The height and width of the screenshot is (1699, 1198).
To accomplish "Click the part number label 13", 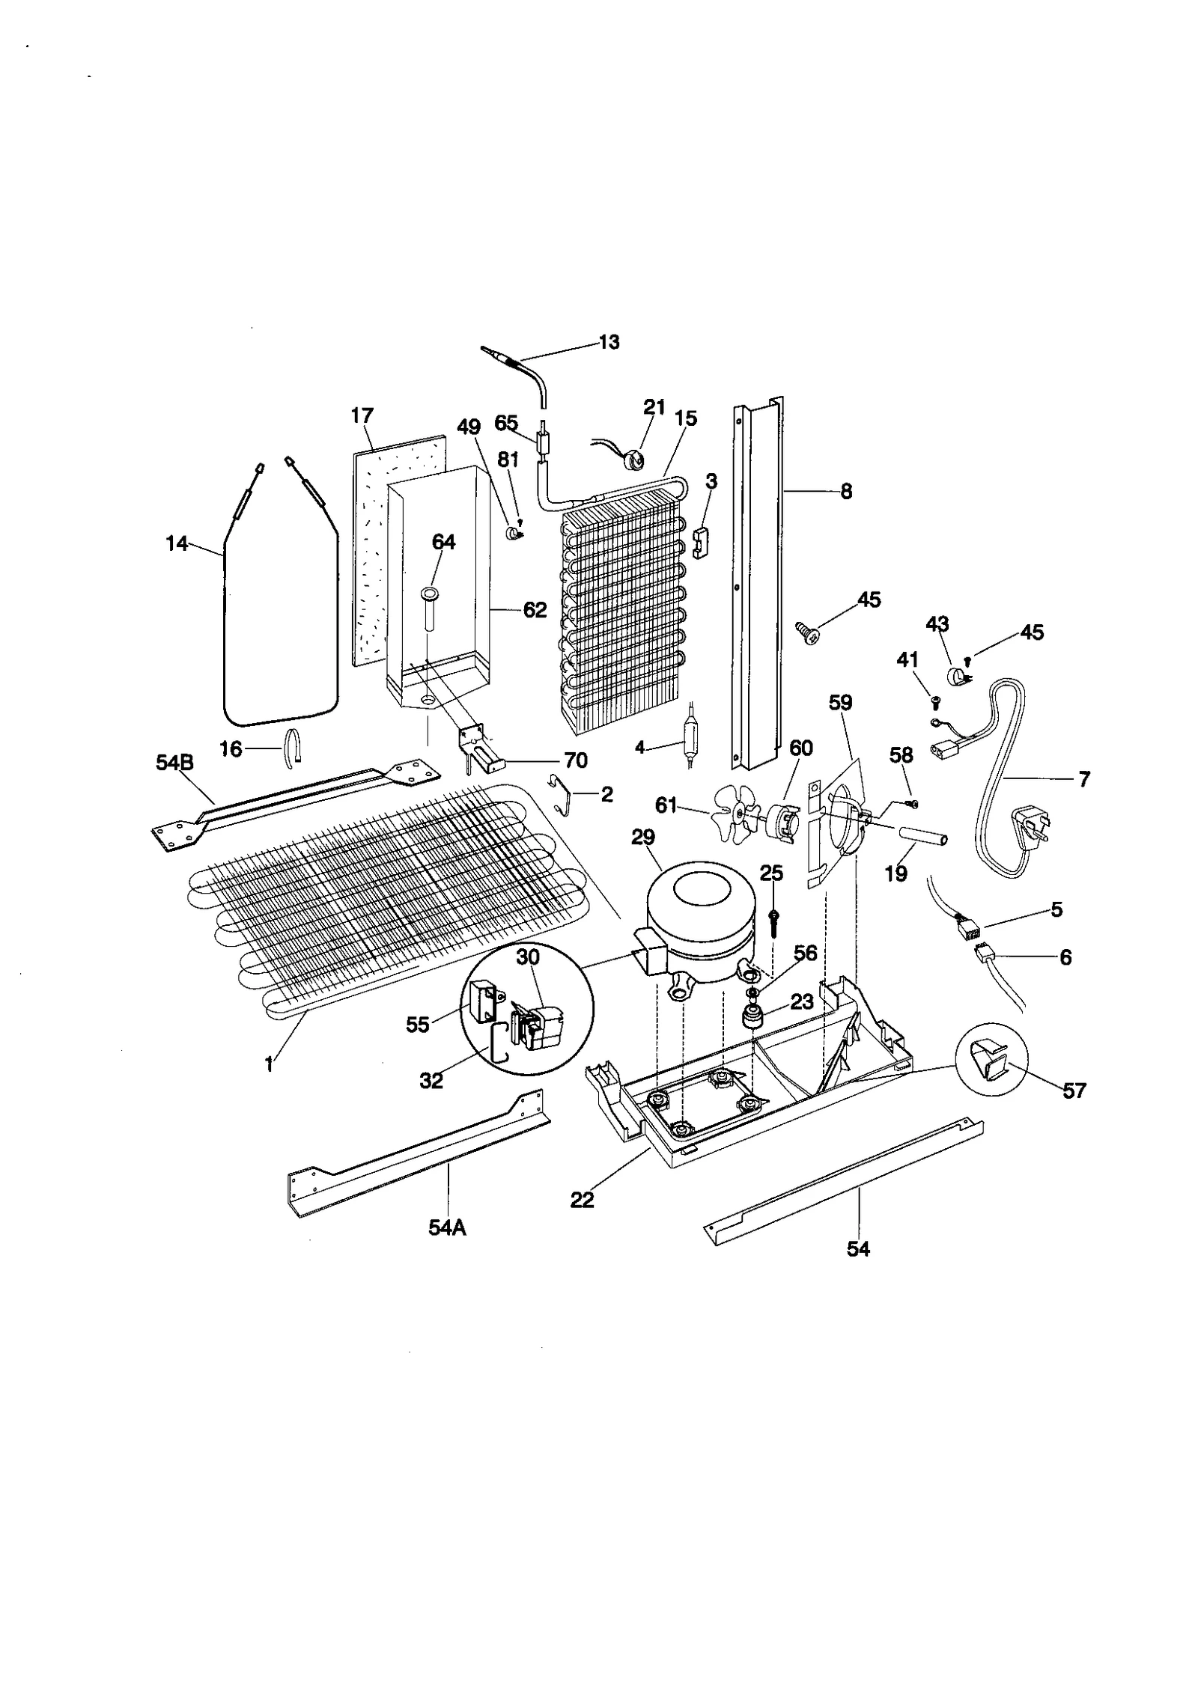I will coord(609,342).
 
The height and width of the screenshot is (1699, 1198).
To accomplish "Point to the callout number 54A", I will coord(447,1228).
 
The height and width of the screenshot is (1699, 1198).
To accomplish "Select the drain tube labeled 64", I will coord(430,611).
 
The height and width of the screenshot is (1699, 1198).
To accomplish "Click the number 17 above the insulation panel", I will coord(362,416).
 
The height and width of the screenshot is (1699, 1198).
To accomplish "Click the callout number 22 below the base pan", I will coord(582,1200).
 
